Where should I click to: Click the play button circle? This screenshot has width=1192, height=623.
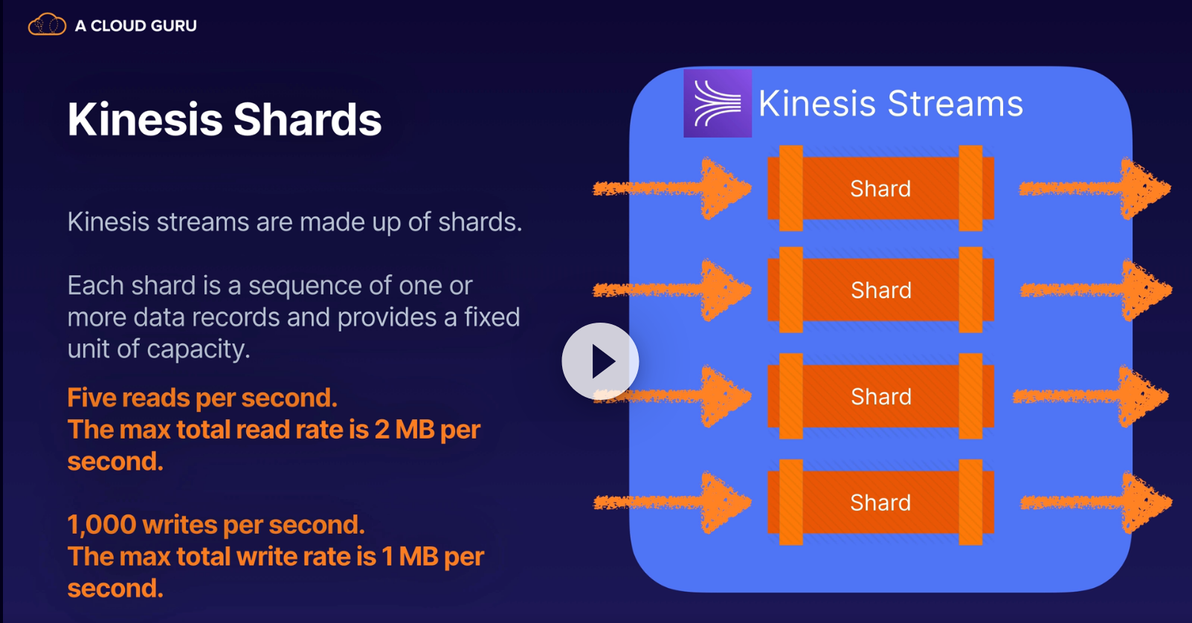(600, 361)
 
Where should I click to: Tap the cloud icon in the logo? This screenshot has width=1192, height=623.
(47, 25)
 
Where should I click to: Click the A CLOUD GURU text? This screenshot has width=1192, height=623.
(135, 25)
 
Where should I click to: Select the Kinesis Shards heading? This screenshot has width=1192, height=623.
(225, 120)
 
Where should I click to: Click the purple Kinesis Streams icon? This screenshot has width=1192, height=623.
(718, 103)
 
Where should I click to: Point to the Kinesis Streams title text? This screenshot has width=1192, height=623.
(891, 103)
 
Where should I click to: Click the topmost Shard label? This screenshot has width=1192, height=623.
(880, 189)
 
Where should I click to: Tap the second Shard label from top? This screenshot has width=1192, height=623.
(880, 290)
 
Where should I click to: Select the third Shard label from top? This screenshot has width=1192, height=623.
(880, 396)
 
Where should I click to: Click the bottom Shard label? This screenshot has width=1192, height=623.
(880, 503)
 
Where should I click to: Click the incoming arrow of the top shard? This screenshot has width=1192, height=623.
(672, 188)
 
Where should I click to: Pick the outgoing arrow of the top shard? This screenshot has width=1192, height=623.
(1095, 188)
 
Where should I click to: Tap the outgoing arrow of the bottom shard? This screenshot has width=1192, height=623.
(1096, 503)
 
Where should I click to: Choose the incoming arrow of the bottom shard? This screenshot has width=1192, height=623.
(672, 503)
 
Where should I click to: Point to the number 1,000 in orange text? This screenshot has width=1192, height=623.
(102, 525)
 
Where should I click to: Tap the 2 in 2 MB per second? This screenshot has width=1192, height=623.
(382, 430)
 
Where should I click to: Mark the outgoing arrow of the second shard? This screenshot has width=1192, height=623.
(1096, 290)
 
